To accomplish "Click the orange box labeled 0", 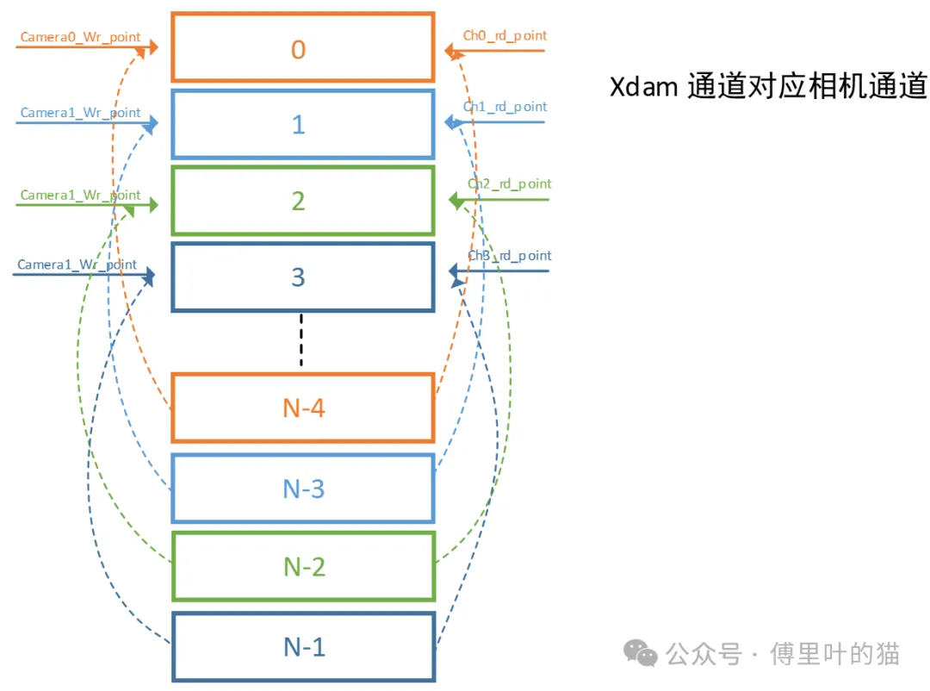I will point(302,48).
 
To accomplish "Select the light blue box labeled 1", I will point(302,124).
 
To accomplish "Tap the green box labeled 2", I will point(302,200).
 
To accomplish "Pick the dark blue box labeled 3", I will point(302,277).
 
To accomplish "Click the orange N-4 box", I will point(302,408).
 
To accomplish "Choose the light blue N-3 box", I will point(302,489).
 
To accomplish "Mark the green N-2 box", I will point(302,566).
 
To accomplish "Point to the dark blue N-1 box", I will point(302,646).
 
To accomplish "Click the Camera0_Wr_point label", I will point(80,38).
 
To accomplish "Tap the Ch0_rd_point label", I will point(505,35).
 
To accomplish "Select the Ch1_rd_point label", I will point(505,107).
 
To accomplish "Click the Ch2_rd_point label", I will point(509,184).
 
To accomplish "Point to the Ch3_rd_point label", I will point(509,256).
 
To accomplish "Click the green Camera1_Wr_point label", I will point(80,196).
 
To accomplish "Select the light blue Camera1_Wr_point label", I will point(80,114).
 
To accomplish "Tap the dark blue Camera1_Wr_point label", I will point(77,265).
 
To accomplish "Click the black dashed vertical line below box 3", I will point(301,340).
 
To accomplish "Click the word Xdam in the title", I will point(643,88).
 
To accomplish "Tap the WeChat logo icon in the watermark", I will point(641,653).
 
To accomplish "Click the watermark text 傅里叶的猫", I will point(834,654).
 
